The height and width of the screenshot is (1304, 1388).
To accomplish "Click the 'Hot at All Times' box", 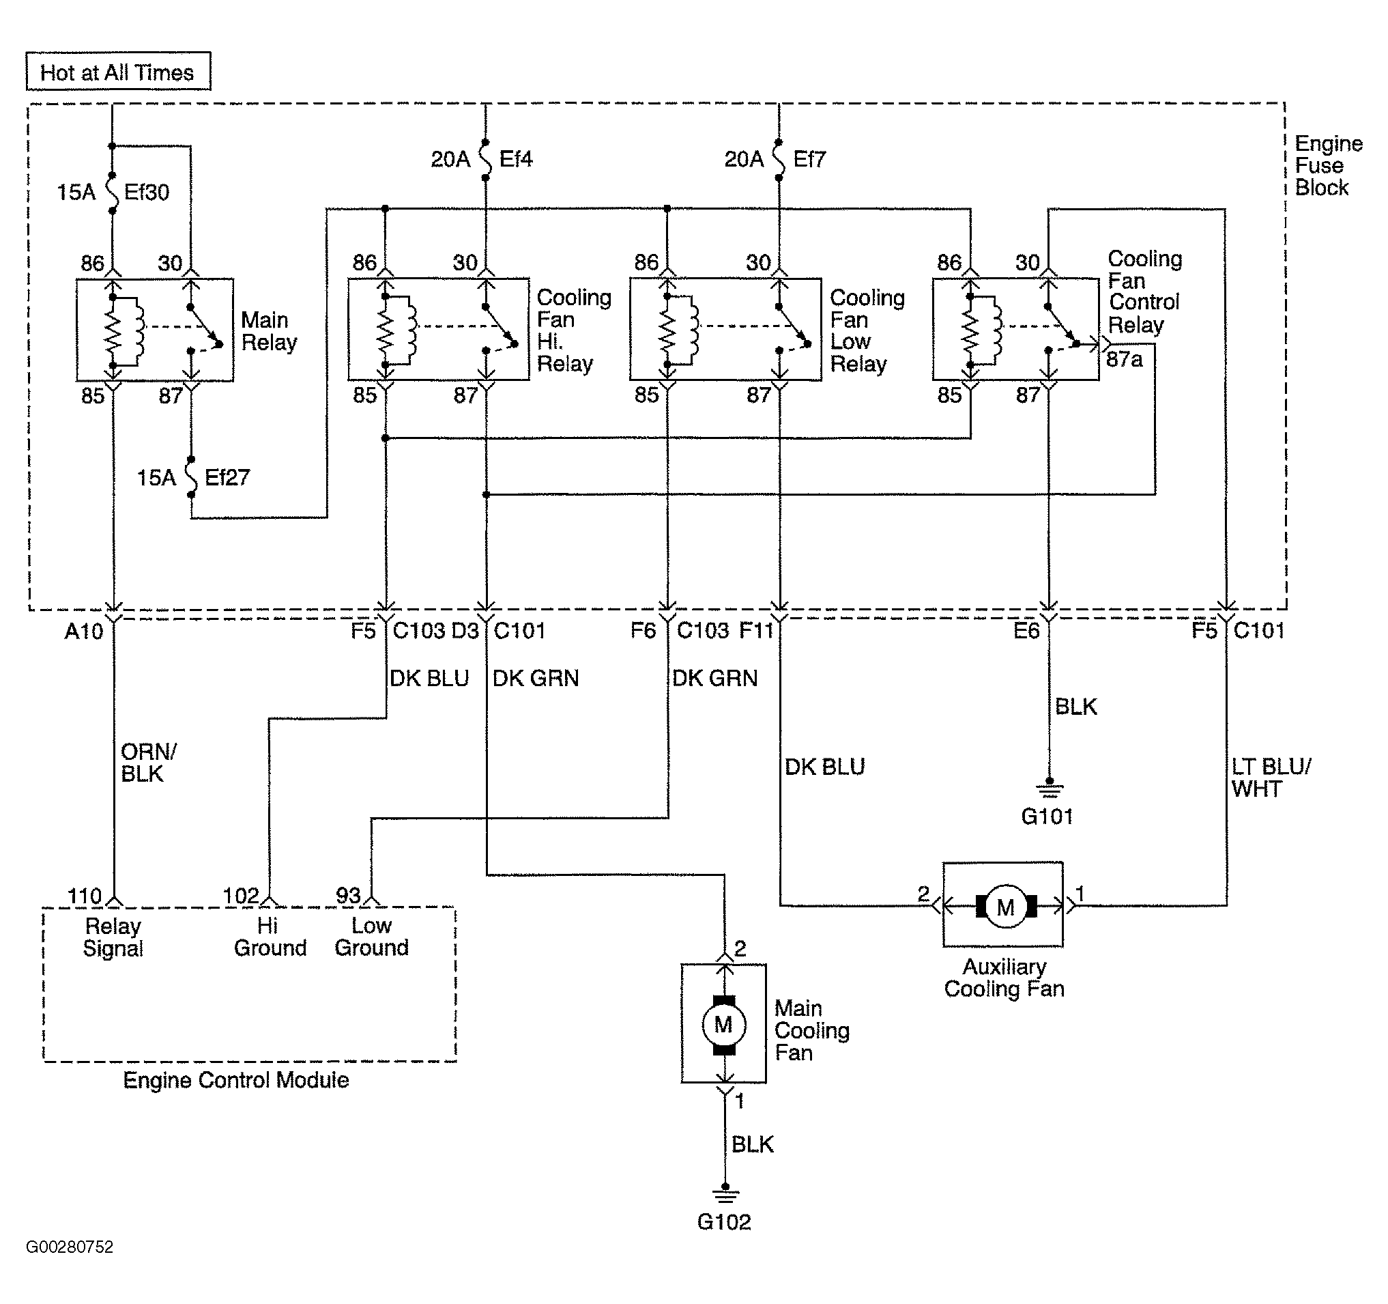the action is pos(118,71).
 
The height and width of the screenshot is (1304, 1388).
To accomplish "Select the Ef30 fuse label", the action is pos(147,192).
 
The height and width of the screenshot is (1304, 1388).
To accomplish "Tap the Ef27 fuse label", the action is pos(227,478).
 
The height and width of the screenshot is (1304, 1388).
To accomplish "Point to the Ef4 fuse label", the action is pos(516,159).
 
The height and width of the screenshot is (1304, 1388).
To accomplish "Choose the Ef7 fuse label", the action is pos(809,159).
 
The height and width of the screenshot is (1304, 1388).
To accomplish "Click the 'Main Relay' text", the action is pos(269,331).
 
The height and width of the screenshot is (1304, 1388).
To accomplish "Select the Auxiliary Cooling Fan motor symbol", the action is pos(1006,907).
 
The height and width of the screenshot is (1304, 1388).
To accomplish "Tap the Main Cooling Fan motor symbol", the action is pos(724,1025).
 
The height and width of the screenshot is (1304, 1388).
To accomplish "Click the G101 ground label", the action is pos(1047,816).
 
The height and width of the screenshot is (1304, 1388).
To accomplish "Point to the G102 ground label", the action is pos(724,1221).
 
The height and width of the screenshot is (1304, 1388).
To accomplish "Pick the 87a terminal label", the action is pos(1124,359).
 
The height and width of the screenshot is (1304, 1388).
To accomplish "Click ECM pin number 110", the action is pos(85,896).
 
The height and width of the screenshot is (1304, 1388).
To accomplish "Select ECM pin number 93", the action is pos(349,896).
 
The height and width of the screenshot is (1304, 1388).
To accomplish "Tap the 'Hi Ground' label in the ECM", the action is pos(270,937).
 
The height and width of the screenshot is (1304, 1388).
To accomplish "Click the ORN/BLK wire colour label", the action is pos(149,763).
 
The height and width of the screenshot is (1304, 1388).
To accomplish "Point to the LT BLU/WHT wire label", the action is pos(1271,778).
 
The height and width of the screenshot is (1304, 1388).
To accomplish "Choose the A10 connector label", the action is pos(84,632).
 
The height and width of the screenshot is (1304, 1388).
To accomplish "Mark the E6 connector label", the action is pos(1026,631).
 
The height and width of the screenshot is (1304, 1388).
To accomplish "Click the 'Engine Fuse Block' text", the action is pos(1329,165).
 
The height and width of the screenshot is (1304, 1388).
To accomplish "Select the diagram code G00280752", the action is pos(70,1247).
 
